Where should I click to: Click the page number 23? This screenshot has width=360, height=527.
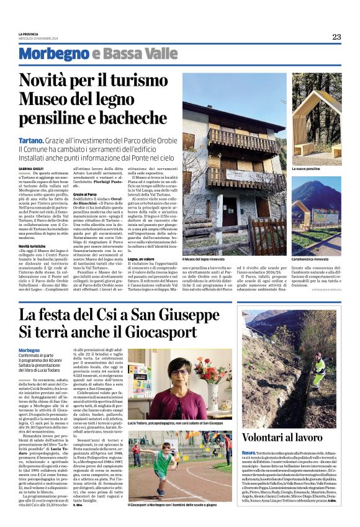tap(336, 37)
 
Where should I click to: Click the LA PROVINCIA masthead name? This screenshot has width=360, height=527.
tap(29, 34)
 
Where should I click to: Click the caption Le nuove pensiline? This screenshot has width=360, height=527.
tap(307, 168)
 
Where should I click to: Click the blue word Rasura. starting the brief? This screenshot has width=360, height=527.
tap(251, 453)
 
